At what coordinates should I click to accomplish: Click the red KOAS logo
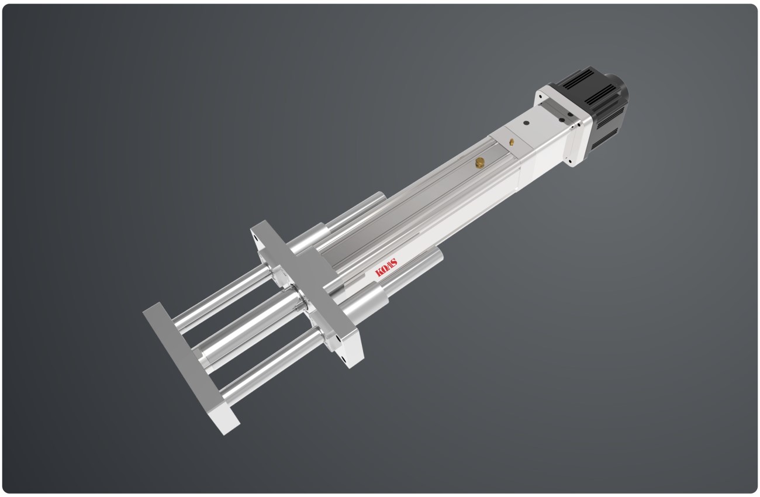386,267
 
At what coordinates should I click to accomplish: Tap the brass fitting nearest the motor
512,141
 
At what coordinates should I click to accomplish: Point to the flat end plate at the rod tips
191,368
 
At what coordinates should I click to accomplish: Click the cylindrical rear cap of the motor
617,88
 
